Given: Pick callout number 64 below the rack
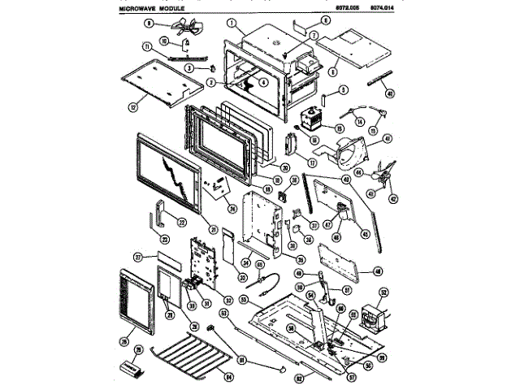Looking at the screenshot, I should click(229, 376).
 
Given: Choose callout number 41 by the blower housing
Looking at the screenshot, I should click(388, 139).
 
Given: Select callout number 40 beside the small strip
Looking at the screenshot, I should click(391, 94).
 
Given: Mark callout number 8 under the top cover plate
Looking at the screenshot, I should click(332, 71).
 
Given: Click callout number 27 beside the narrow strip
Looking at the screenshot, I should click(139, 257).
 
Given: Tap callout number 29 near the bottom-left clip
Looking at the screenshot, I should click(138, 350).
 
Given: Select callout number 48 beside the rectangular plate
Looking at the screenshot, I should click(377, 271).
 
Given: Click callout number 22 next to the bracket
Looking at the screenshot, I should click(182, 223).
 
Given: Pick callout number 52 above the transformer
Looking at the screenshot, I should click(383, 292).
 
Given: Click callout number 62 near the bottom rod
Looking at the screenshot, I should click(299, 376).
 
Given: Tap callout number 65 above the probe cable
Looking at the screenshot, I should click(260, 265).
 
